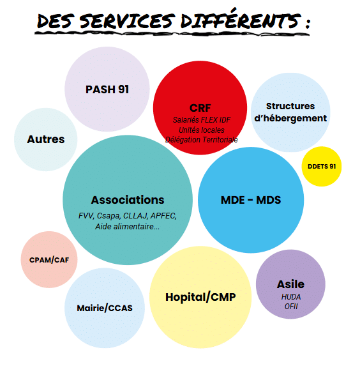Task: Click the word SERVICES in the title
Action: (127, 21)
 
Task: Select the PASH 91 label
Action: (107, 89)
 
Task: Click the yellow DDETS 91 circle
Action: (322, 167)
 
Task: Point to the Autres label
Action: (46, 139)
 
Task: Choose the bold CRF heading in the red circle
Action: (200, 108)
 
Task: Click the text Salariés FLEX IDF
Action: (202, 120)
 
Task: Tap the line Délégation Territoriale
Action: (202, 140)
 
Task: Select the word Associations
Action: (128, 200)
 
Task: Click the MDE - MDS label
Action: (251, 200)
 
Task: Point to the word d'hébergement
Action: (290, 118)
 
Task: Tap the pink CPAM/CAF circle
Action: (49, 259)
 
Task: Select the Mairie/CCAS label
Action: (105, 308)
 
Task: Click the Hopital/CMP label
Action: (200, 297)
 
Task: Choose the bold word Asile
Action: (290, 284)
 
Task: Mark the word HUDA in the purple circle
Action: (291, 297)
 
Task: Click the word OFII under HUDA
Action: (291, 307)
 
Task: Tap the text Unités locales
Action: (202, 130)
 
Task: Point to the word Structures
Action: (290, 106)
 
